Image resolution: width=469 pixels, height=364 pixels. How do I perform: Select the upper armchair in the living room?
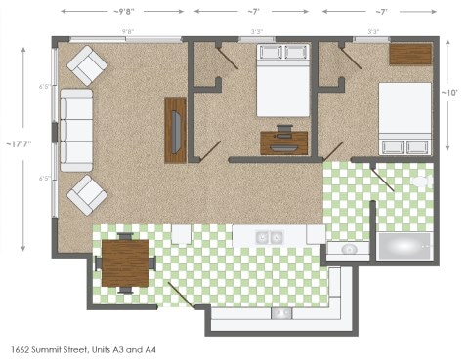pyautogui.click(x=87, y=66)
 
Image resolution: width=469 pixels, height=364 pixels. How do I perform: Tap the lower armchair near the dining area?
pyautogui.click(x=87, y=194)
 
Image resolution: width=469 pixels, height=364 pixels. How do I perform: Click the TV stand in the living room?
pyautogui.click(x=176, y=129)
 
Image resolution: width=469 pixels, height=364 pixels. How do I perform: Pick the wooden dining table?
pyautogui.click(x=125, y=263)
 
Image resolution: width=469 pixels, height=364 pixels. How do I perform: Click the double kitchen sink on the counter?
pyautogui.click(x=269, y=237)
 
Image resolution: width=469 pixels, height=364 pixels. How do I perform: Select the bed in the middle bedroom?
pyautogui.click(x=283, y=80)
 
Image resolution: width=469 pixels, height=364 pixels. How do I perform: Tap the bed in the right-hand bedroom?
pyautogui.click(x=405, y=118)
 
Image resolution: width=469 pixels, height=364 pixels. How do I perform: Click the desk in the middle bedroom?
pyautogui.click(x=283, y=142)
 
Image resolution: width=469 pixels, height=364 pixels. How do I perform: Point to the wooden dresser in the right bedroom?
pyautogui.click(x=410, y=55)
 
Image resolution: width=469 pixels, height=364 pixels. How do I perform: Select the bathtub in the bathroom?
pyautogui.click(x=404, y=247)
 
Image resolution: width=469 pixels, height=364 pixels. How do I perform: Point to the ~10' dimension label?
pyautogui.click(x=453, y=93)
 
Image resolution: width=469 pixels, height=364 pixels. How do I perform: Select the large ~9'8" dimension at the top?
pyautogui.click(x=123, y=11)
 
